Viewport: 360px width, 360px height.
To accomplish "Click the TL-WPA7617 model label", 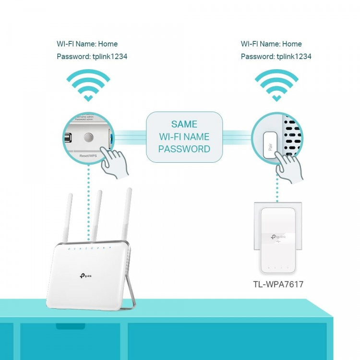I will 278,284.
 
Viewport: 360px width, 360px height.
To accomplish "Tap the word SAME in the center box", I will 184,124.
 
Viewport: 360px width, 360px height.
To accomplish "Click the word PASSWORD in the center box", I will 184,149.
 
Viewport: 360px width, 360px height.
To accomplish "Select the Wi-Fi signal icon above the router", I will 88,84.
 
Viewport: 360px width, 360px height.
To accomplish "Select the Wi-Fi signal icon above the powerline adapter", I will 276,84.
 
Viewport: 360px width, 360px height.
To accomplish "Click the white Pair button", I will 269,146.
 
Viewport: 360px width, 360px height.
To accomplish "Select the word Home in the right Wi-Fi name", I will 292,44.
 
